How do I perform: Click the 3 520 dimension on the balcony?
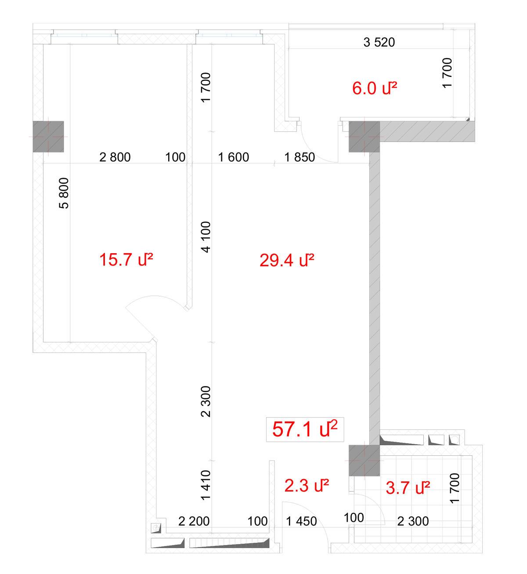point(379,42)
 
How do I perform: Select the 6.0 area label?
point(374,88)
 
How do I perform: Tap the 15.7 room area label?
point(126,259)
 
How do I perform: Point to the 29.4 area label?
point(287,260)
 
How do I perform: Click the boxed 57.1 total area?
point(305,429)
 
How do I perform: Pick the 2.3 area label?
point(307,486)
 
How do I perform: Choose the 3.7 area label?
point(408,488)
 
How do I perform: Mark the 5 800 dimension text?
point(64,193)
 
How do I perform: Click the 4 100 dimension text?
point(206,237)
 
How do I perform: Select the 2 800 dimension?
point(115,157)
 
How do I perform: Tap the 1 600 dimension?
point(233,157)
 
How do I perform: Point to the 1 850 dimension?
point(300,157)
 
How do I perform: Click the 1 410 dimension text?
point(206,485)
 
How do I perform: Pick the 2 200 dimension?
point(194,521)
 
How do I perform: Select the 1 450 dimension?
point(301,521)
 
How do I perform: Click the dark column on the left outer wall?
point(48,137)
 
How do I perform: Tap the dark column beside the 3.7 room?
point(364,461)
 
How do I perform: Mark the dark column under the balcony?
point(364,137)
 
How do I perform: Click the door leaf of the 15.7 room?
point(140,324)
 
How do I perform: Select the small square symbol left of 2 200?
point(156,528)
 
